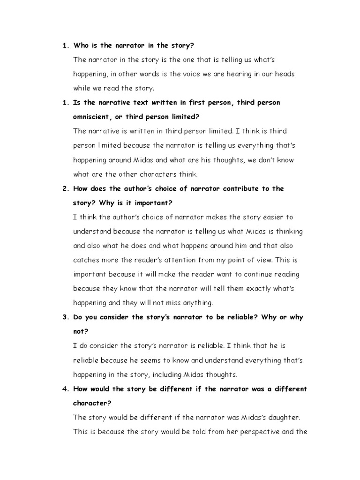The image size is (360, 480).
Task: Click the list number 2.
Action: coord(65,188)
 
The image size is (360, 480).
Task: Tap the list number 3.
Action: coord(65,317)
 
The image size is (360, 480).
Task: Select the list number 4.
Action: coord(65,389)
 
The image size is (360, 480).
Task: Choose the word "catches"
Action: coord(86,260)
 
